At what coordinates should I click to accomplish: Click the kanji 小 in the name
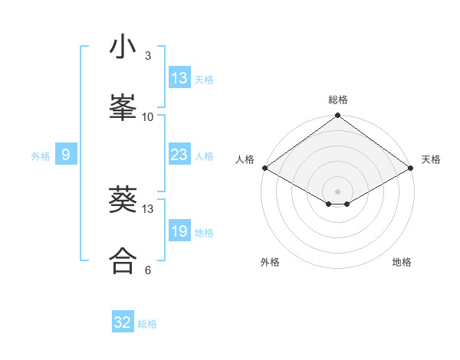click(123, 48)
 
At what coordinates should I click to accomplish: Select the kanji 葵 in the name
click(123, 201)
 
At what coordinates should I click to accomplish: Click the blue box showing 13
click(179, 78)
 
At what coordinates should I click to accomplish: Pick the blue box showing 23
click(179, 155)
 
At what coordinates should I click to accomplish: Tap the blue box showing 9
click(66, 155)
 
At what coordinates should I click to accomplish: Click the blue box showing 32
click(123, 323)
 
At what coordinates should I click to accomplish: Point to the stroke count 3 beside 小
click(147, 55)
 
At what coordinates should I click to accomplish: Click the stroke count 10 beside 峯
click(148, 116)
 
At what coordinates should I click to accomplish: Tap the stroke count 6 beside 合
click(148, 270)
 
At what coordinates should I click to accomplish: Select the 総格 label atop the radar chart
click(338, 100)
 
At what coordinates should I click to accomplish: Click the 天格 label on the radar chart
click(431, 159)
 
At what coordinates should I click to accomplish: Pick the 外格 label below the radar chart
click(270, 262)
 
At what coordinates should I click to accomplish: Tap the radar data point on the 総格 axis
click(337, 116)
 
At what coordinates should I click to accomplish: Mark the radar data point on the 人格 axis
click(264, 168)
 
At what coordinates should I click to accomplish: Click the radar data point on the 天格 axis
click(411, 168)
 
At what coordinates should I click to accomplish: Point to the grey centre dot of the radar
click(337, 191)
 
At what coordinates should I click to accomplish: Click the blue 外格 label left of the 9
click(41, 156)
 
